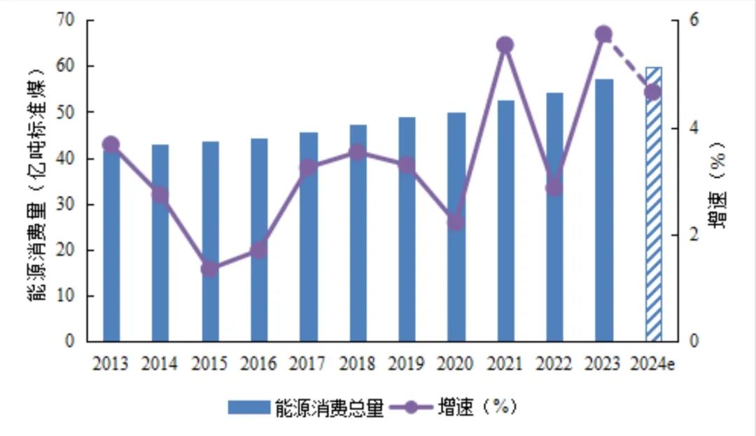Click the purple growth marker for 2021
(x=505, y=45)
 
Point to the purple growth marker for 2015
(x=210, y=268)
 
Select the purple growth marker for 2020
(x=456, y=222)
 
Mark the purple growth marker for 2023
(x=604, y=34)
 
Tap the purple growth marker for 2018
(x=358, y=152)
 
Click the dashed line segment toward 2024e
(x=629, y=64)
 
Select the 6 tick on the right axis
(x=675, y=20)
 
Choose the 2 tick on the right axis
(x=675, y=235)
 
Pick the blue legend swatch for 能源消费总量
(x=248, y=407)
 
